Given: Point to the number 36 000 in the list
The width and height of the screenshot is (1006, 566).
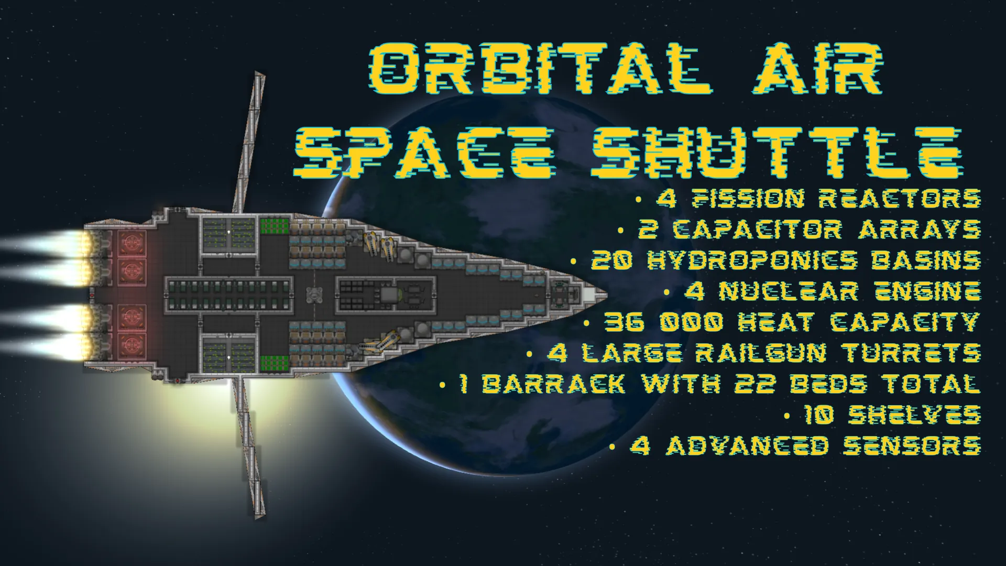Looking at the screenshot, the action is pos(668,322).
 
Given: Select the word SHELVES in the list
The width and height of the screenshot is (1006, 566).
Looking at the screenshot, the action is pos(914,415).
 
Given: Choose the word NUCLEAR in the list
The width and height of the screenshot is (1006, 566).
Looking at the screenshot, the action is pos(788,291).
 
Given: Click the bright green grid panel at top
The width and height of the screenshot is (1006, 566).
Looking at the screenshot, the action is pos(275,226).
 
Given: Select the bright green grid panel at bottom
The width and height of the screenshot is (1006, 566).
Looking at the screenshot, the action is pos(275,362).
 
